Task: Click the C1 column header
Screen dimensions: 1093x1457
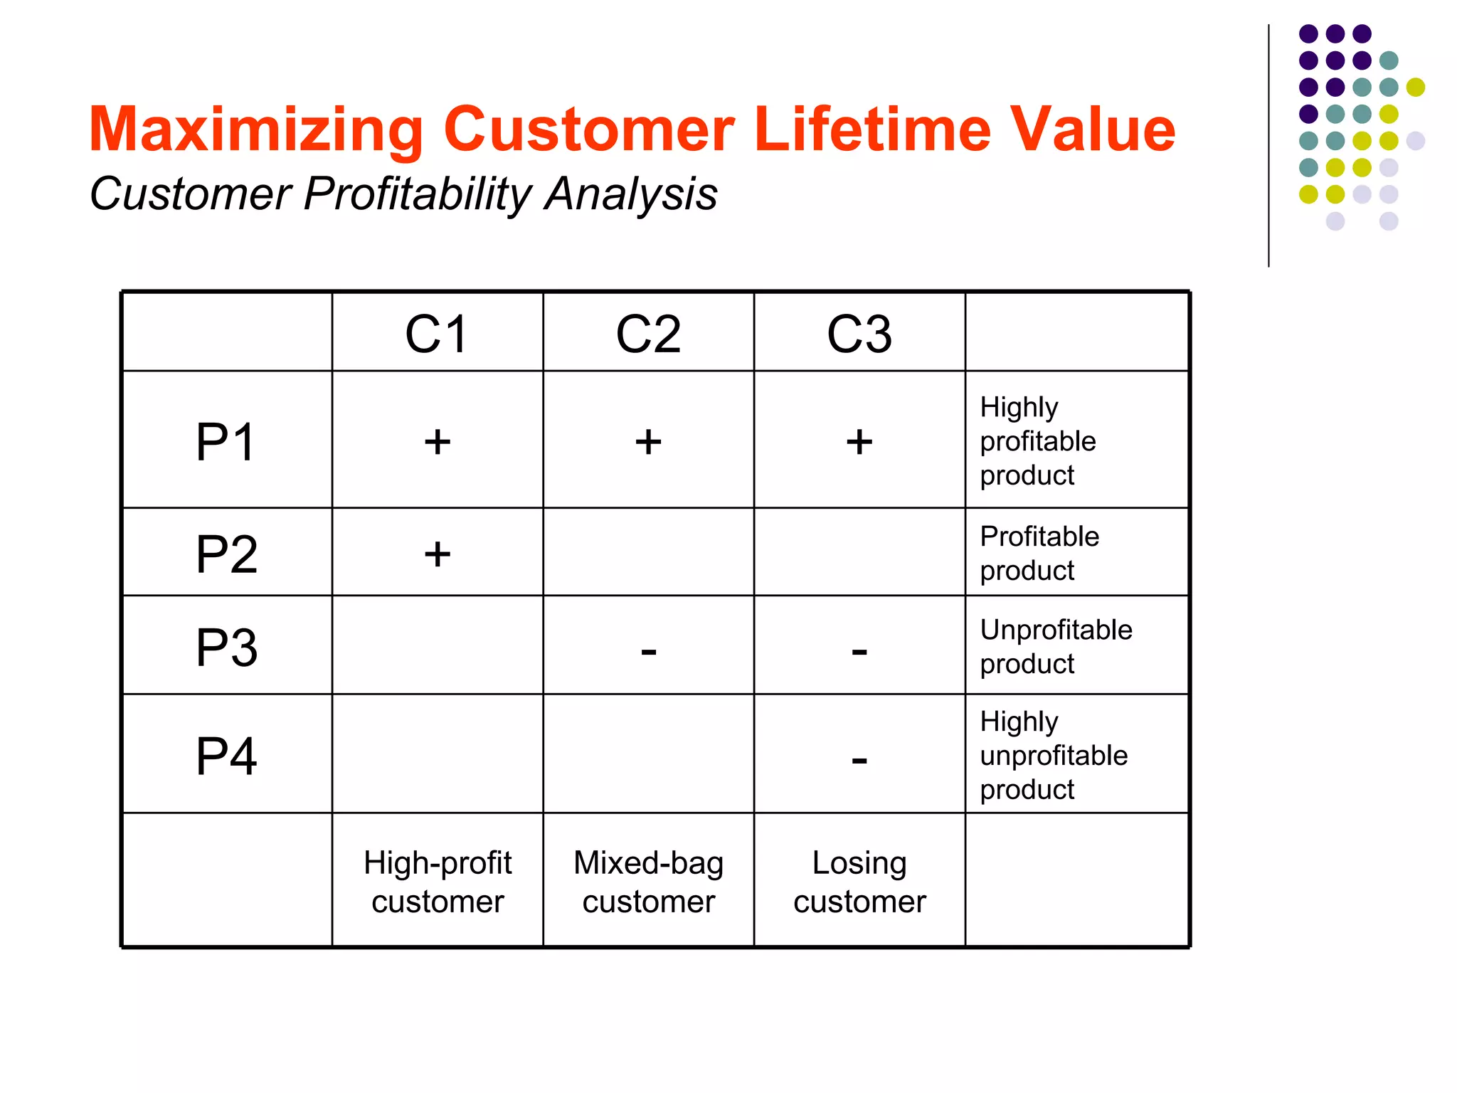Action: [x=437, y=334]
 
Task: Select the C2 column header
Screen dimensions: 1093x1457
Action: [x=648, y=334]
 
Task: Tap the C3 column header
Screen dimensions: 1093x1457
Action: [x=859, y=334]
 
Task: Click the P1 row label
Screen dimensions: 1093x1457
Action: [x=226, y=442]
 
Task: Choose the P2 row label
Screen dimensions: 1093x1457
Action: [x=226, y=554]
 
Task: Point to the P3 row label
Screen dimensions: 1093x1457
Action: [x=226, y=647]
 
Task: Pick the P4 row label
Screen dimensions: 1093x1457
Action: [x=226, y=756]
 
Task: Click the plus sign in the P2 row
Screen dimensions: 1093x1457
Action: [x=438, y=554]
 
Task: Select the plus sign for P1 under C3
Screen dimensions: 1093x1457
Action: [x=859, y=442]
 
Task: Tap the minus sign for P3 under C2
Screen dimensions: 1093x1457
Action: [x=648, y=650]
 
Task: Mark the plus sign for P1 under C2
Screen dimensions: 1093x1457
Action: [x=648, y=442]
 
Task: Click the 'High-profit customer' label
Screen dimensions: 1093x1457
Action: [x=438, y=882]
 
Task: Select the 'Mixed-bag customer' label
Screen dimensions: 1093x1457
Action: [x=648, y=882]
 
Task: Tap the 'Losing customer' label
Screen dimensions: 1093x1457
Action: [x=859, y=882]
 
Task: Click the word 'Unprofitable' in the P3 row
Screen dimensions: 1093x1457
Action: [x=1056, y=630]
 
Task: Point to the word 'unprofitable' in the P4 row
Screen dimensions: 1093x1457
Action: [x=1054, y=755]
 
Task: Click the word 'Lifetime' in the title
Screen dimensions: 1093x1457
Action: [x=871, y=129]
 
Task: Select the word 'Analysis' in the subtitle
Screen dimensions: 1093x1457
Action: [x=630, y=194]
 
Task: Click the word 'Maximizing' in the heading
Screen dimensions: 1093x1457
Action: [x=256, y=130]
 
